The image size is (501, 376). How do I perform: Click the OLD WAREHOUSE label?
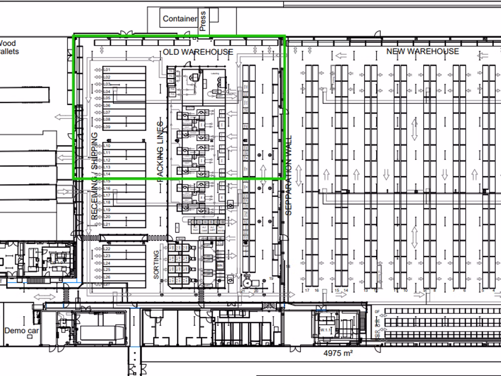(x=198, y=52)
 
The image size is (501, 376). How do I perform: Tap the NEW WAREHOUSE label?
(x=422, y=51)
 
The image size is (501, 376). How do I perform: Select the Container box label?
(x=180, y=19)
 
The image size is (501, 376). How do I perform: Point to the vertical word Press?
(x=203, y=21)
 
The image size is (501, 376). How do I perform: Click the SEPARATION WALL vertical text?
(x=288, y=175)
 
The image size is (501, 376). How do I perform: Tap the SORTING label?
(x=157, y=265)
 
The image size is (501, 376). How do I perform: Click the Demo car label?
(x=22, y=330)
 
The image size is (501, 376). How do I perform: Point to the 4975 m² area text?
(x=339, y=352)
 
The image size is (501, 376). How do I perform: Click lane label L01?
(x=107, y=70)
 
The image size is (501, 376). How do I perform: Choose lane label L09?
(x=107, y=127)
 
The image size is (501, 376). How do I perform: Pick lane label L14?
(x=107, y=174)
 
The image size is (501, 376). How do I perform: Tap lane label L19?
(x=107, y=210)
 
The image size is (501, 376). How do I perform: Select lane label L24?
(x=107, y=263)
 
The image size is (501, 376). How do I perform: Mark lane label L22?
(x=107, y=249)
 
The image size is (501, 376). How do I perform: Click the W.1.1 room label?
(x=325, y=331)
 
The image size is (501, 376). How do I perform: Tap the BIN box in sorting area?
(x=220, y=265)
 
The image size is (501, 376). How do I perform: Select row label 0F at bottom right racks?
(x=377, y=312)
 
